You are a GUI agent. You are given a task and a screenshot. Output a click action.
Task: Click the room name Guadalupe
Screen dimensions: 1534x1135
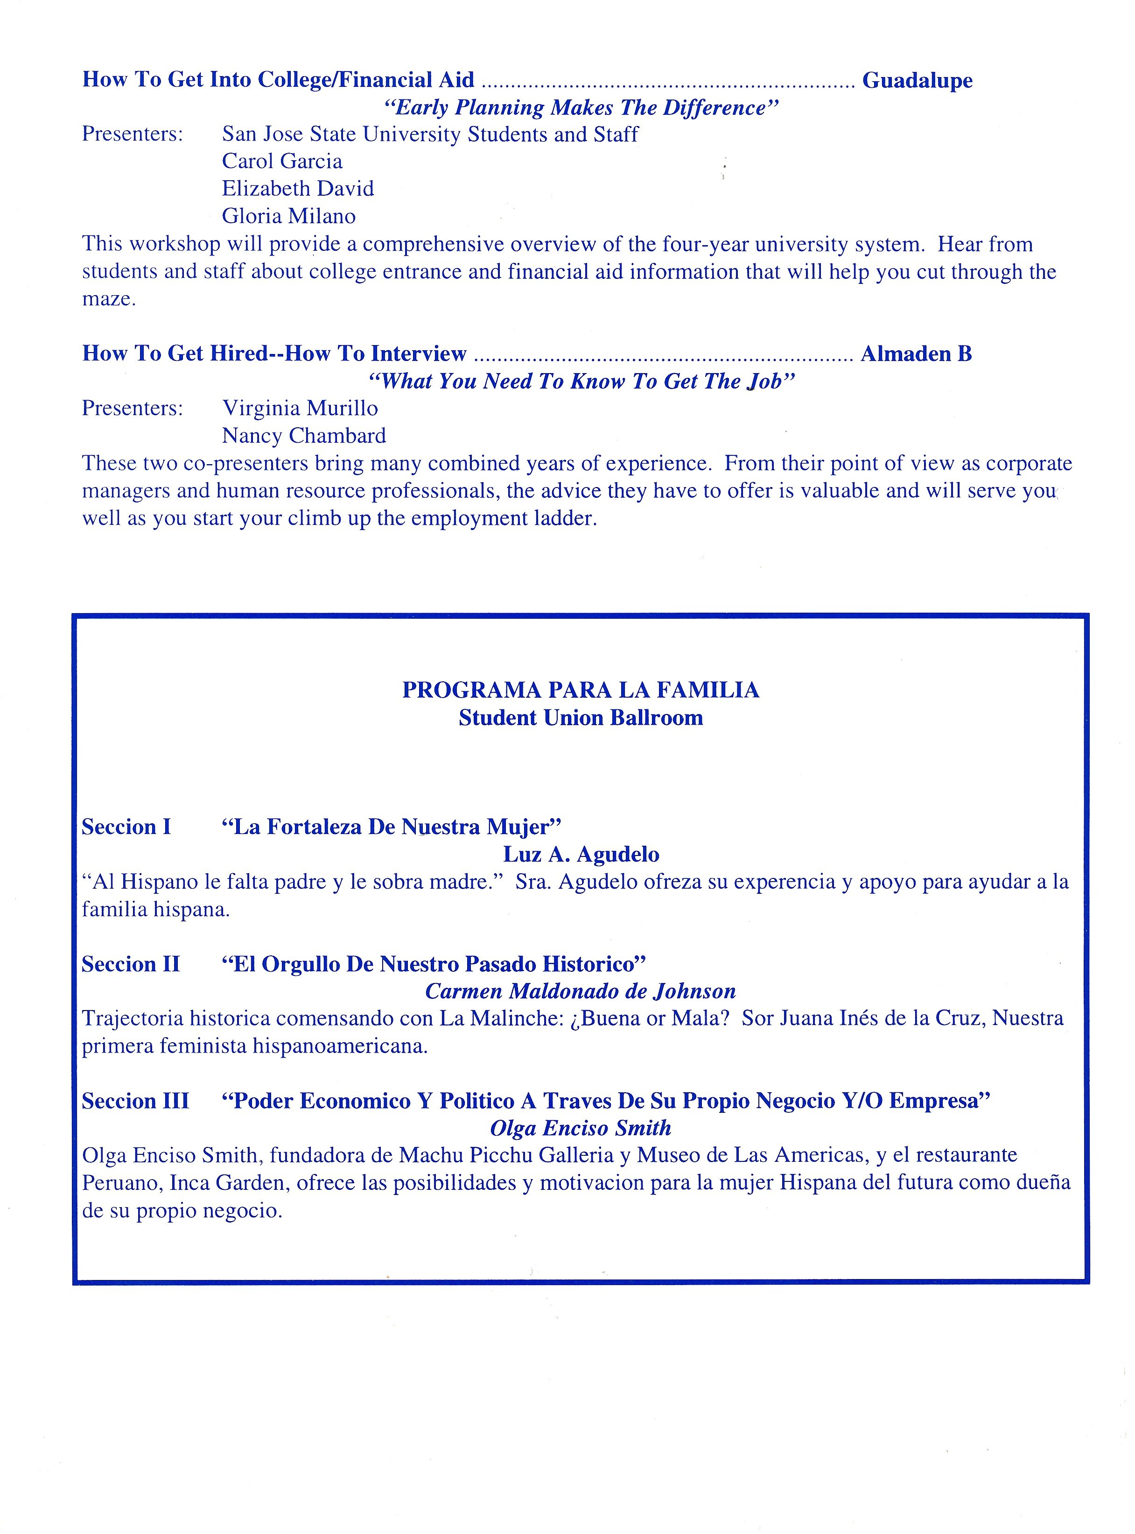(917, 80)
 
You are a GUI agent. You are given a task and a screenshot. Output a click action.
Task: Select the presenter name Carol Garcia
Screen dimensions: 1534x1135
(282, 162)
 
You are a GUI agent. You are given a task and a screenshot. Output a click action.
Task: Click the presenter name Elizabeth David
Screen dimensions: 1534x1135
(297, 189)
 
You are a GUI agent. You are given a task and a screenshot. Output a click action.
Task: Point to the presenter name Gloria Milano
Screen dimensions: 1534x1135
(288, 217)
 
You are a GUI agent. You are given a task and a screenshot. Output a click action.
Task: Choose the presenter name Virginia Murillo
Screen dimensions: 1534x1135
(300, 408)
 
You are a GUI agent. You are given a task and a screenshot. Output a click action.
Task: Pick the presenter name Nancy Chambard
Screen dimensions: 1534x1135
(304, 436)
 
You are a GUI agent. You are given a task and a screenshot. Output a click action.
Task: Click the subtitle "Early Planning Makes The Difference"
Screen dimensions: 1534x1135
(581, 108)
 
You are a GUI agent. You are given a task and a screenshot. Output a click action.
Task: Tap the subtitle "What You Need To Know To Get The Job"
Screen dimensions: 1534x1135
(581, 382)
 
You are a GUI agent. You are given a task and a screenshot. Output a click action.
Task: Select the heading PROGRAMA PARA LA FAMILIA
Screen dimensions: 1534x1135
(581, 690)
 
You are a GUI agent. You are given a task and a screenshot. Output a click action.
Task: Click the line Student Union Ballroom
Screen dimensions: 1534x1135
(581, 718)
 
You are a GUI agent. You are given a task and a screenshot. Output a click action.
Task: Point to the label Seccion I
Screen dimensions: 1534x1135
(126, 827)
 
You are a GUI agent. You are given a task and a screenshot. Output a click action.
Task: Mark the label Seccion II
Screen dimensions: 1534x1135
(131, 964)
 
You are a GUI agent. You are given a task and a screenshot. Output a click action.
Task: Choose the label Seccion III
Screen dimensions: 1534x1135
(135, 1101)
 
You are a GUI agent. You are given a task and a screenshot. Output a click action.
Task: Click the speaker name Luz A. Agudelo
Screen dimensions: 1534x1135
(581, 854)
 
